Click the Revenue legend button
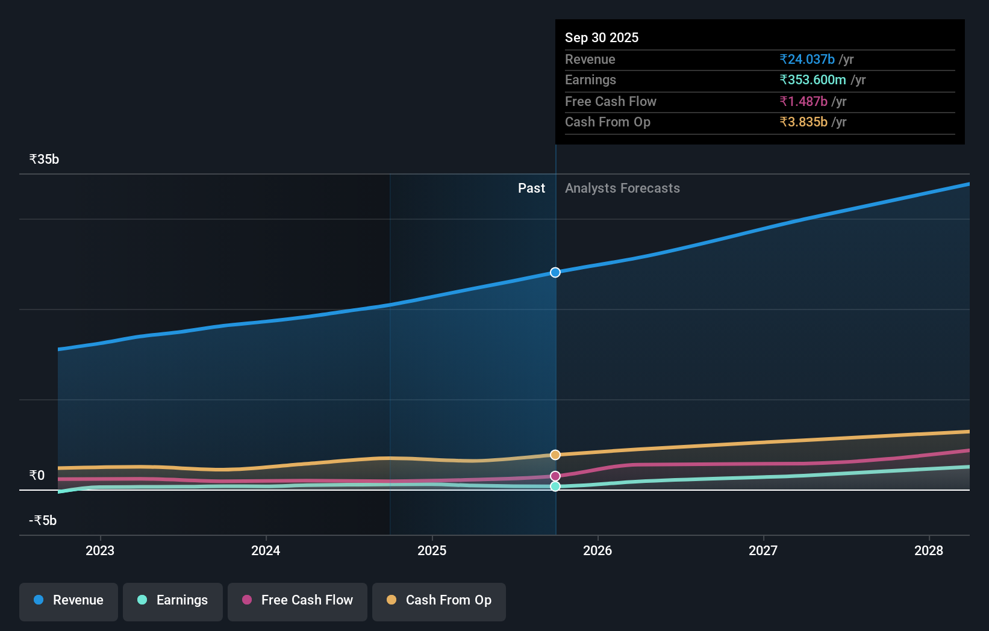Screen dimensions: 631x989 [x=69, y=600]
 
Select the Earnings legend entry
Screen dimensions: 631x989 [x=173, y=600]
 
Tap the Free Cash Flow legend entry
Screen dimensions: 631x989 [x=298, y=600]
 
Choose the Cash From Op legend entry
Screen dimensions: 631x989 [x=439, y=600]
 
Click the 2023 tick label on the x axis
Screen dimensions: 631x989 [x=100, y=550]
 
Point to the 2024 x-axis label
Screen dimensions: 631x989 [x=266, y=550]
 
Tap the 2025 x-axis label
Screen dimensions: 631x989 [x=432, y=550]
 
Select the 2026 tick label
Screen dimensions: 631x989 [x=597, y=550]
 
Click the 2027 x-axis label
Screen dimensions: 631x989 [x=763, y=550]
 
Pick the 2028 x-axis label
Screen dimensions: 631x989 [x=929, y=550]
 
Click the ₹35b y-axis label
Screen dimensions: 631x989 [x=45, y=160]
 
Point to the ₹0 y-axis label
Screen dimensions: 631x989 [x=37, y=476]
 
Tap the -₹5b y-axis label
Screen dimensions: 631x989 [x=43, y=521]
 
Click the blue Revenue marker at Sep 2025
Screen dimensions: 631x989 [x=555, y=273]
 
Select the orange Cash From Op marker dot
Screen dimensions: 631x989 [x=555, y=455]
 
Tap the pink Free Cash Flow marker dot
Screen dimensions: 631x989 [x=555, y=476]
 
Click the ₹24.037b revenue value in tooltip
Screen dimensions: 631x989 [x=807, y=60]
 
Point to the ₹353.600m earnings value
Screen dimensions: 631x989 [x=813, y=80]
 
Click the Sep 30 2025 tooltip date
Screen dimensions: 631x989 [x=602, y=38]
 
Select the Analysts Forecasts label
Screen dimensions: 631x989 [x=622, y=188]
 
